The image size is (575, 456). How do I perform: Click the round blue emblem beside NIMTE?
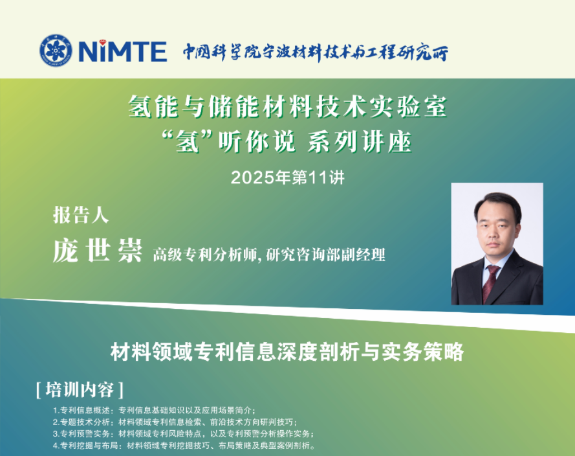56,51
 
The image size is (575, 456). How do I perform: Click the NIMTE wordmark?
123,51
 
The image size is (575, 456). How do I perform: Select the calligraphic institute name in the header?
316,52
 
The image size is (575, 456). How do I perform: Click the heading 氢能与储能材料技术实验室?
287,108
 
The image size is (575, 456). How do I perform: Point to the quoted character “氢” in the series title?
188,142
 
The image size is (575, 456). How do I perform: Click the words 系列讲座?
360,142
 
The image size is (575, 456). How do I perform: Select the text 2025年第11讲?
287,177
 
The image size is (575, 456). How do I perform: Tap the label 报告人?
81,215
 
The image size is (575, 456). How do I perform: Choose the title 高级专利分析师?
206,255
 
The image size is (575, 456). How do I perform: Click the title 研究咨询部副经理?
325,255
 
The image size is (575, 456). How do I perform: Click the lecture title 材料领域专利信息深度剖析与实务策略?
287,352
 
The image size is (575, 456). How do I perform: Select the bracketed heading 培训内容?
80,390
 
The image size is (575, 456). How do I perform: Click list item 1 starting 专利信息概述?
154,410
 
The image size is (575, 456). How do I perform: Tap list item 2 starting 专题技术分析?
175,422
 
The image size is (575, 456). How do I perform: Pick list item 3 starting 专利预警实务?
183,434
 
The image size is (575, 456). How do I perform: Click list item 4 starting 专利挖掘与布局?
184,446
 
